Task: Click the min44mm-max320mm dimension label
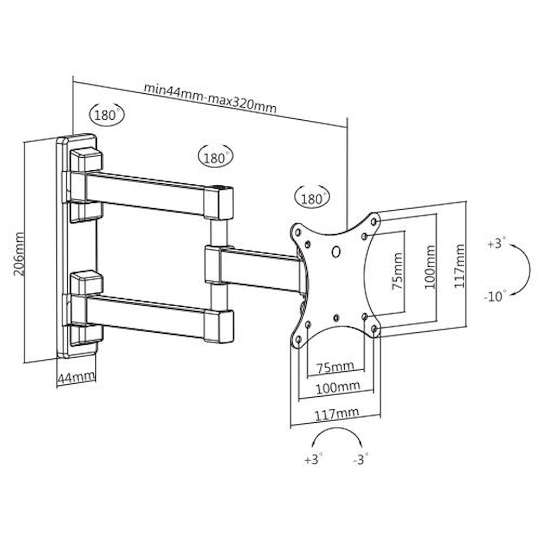tap(210, 98)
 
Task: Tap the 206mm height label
tap(20, 253)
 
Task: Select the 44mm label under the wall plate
tap(75, 377)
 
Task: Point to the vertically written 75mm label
tap(397, 271)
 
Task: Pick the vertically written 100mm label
tap(430, 267)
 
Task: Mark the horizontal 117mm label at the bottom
tap(337, 414)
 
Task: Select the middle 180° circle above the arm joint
tap(215, 158)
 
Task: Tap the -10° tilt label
tap(494, 296)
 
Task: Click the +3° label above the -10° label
tap(495, 243)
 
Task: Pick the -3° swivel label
tap(360, 460)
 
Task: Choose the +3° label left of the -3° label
tap(313, 460)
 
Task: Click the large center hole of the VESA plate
tap(336, 251)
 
